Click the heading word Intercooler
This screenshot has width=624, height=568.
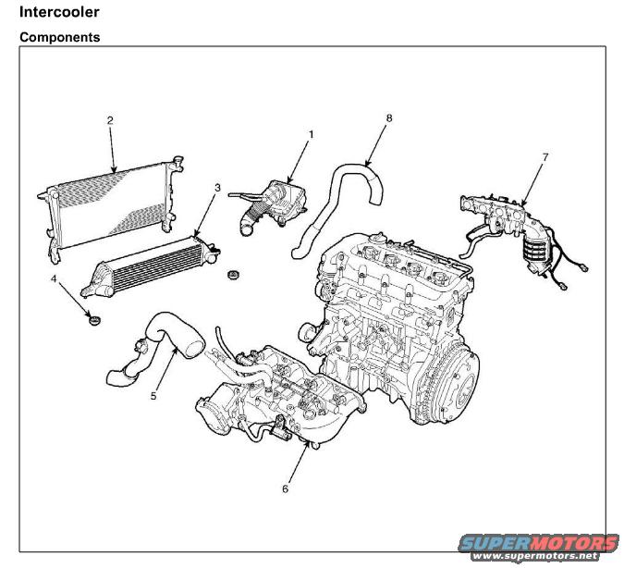(59, 13)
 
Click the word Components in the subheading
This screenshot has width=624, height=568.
(60, 38)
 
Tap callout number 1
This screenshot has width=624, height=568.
(311, 134)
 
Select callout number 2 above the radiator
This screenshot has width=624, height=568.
(110, 120)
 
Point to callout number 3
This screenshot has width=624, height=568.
(217, 188)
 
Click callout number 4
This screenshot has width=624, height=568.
(54, 278)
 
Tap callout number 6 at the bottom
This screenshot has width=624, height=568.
(285, 488)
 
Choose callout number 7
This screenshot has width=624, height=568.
(544, 157)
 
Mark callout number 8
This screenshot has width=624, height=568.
(389, 118)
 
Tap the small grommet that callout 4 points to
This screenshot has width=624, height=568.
(92, 320)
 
